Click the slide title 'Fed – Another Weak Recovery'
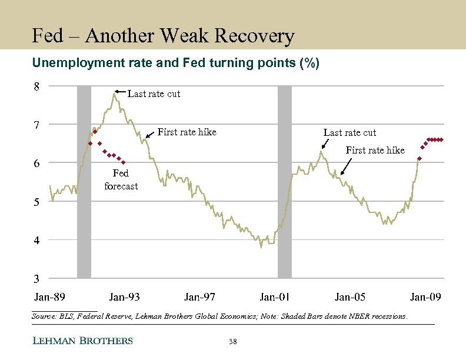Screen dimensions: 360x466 pyautogui.click(x=163, y=36)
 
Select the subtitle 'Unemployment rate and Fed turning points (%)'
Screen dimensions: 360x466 pyautogui.click(x=176, y=64)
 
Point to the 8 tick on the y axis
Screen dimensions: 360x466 pyautogui.click(x=36, y=86)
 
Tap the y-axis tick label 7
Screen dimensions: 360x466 pyautogui.click(x=36, y=125)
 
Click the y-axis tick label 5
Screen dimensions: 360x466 pyautogui.click(x=36, y=202)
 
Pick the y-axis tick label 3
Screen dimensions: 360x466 pyautogui.click(x=36, y=278)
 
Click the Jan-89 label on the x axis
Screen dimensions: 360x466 pyautogui.click(x=50, y=296)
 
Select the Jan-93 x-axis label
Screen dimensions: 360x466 pyautogui.click(x=125, y=296)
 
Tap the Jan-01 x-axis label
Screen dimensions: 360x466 pyautogui.click(x=275, y=296)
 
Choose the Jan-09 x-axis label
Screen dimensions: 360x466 pyautogui.click(x=425, y=296)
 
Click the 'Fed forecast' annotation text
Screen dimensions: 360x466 pyautogui.click(x=121, y=179)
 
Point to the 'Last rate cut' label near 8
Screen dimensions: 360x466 pyautogui.click(x=154, y=94)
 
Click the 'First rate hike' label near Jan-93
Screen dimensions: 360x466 pyautogui.click(x=187, y=132)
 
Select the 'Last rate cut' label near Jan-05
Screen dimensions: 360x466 pyautogui.click(x=349, y=132)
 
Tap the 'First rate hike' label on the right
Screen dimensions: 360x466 pyautogui.click(x=375, y=150)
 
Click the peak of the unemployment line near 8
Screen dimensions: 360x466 pyautogui.click(x=114, y=93)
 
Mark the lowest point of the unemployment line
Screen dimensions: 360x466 pyautogui.click(x=261, y=247)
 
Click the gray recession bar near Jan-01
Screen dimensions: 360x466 pyautogui.click(x=285, y=182)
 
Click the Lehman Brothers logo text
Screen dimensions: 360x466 pyautogui.click(x=82, y=341)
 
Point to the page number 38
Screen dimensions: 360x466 pyautogui.click(x=232, y=341)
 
